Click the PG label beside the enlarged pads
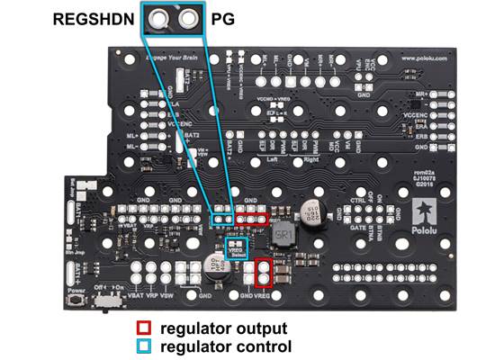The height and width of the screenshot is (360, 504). pyautogui.click(x=220, y=18)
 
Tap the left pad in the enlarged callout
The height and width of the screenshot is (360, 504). pyautogui.click(x=161, y=19)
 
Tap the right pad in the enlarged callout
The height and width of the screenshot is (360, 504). pyautogui.click(x=187, y=19)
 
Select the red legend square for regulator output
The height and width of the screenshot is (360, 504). pyautogui.click(x=143, y=328)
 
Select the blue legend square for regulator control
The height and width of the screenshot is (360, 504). pyautogui.click(x=143, y=346)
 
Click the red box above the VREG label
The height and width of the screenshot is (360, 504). pyautogui.click(x=263, y=273)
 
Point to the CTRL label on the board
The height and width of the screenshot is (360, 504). pyautogui.click(x=358, y=193)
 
